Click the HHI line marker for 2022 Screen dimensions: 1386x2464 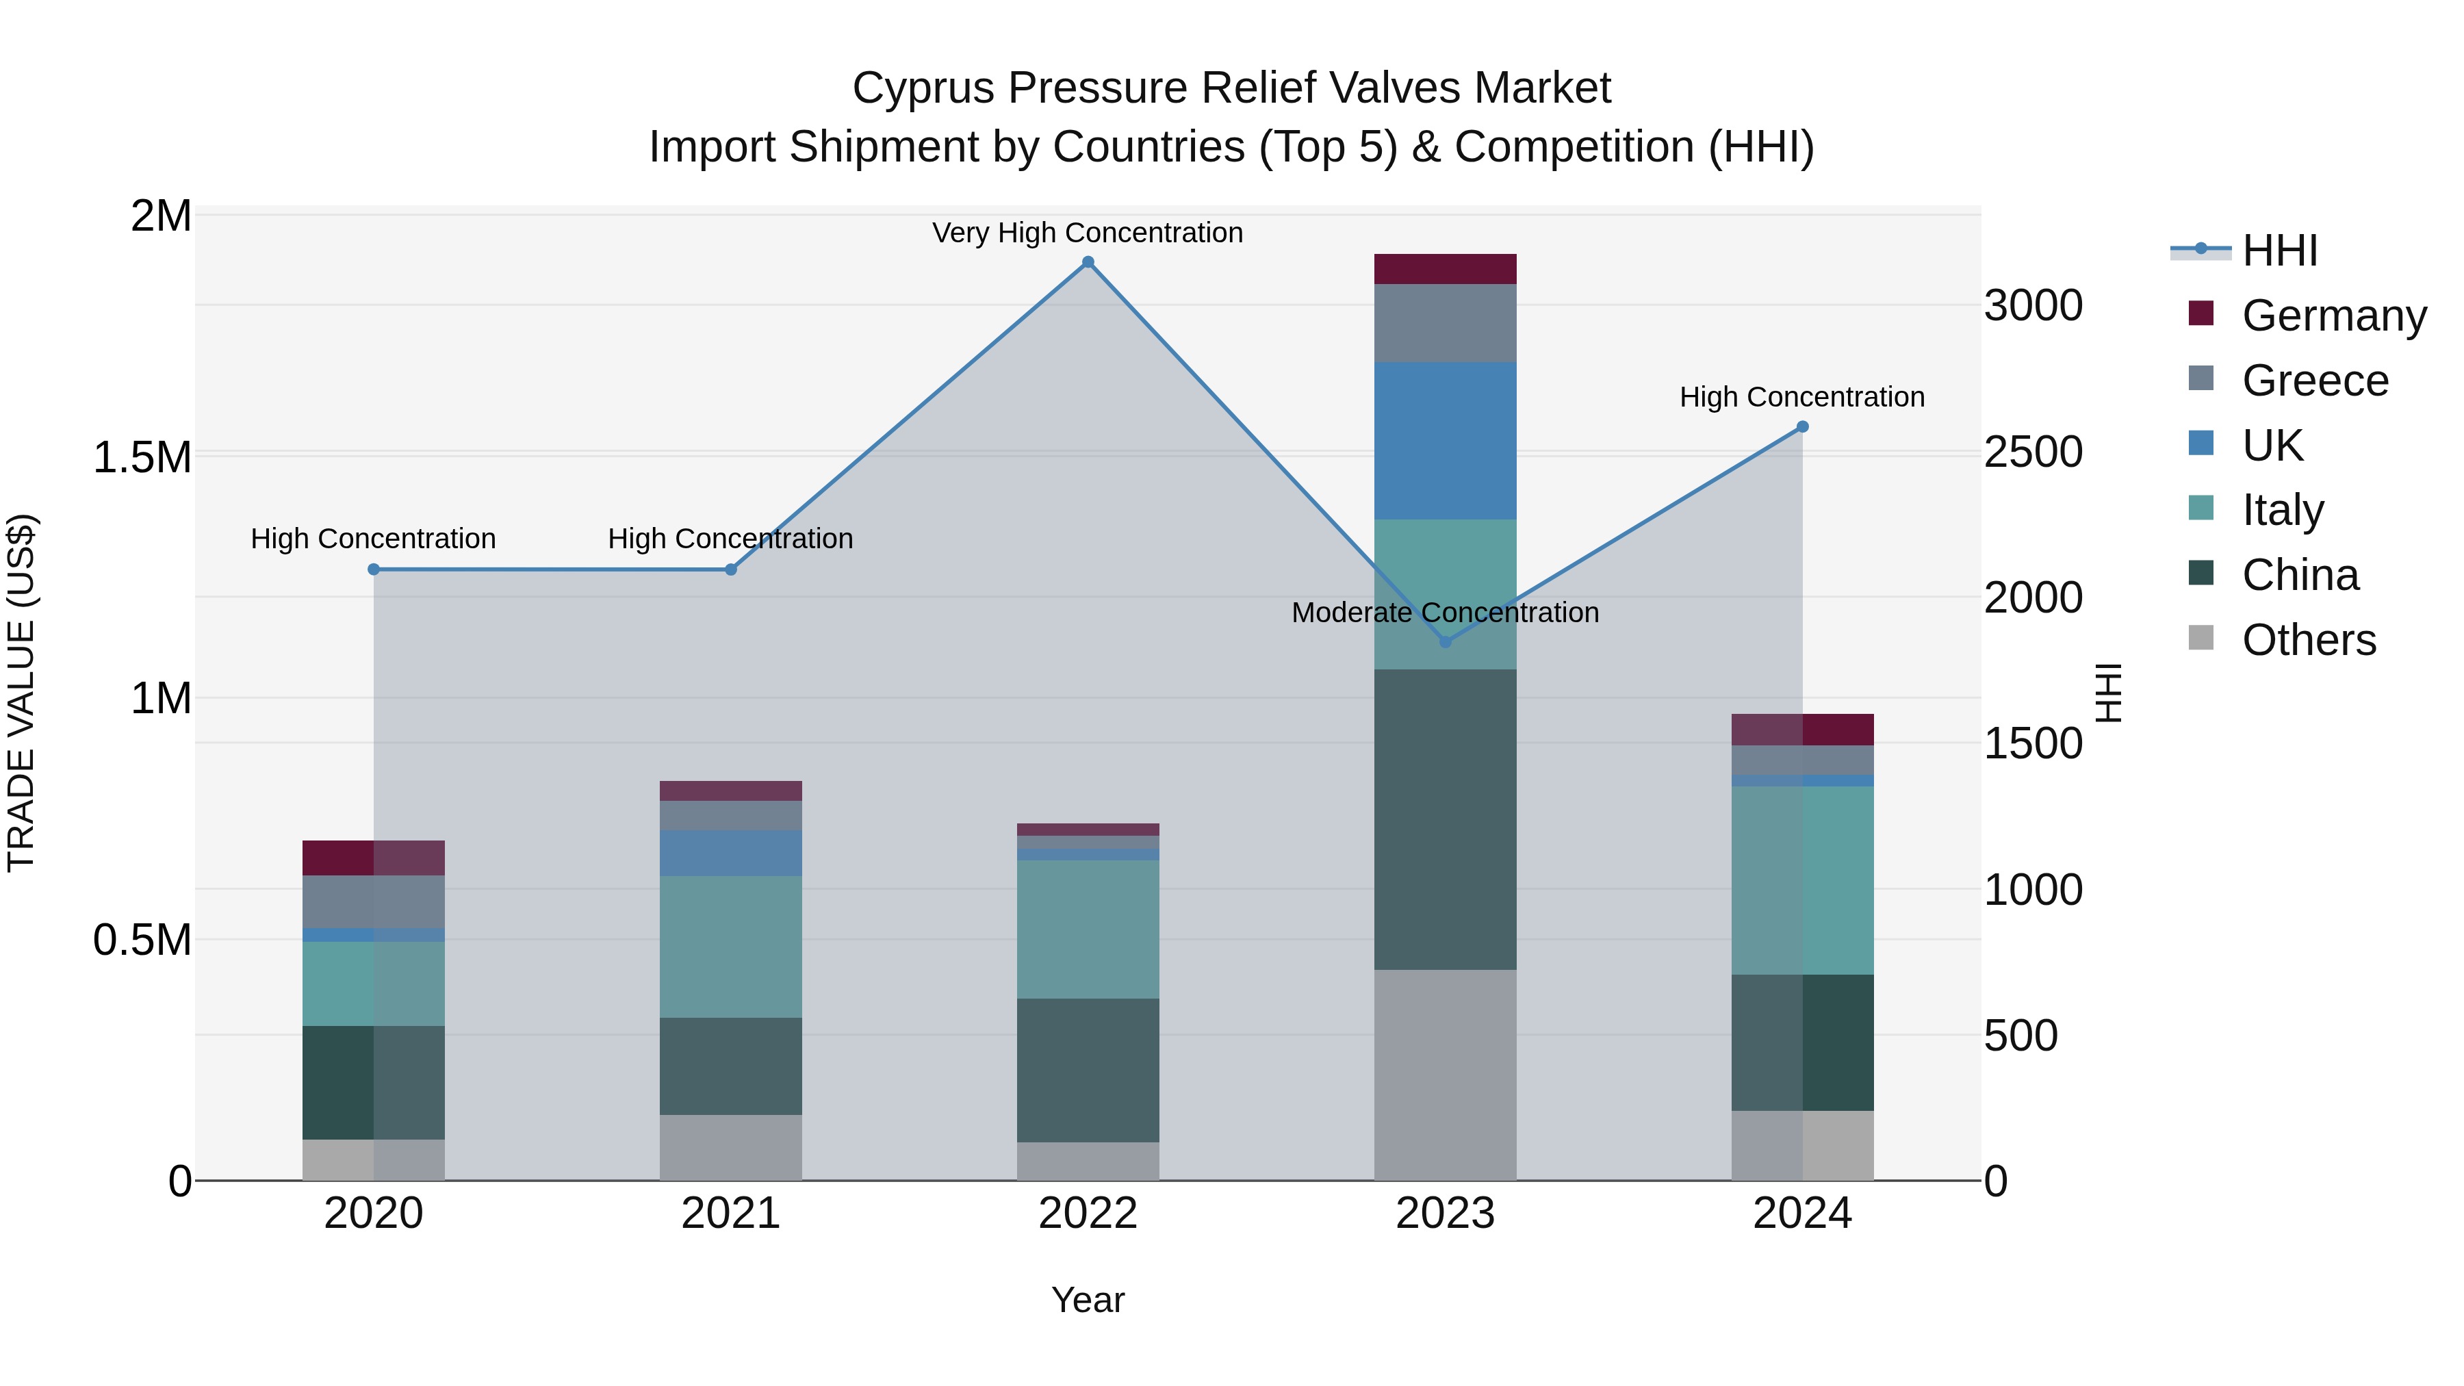(1088, 262)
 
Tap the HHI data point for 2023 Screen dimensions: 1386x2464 (1446, 642)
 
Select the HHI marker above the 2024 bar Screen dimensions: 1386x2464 (1802, 426)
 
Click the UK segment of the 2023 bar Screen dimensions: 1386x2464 (1446, 440)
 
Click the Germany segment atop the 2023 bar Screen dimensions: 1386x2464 (1446, 269)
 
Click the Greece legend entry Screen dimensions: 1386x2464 (2315, 381)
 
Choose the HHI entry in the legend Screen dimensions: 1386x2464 (2279, 251)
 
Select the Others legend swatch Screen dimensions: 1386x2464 (2201, 638)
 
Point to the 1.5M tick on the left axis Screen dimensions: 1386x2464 (142, 457)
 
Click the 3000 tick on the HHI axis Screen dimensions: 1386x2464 (2033, 306)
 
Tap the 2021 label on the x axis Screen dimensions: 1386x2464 (731, 1214)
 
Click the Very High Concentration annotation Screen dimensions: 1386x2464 (1088, 233)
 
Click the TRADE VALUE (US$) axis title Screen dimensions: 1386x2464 (21, 693)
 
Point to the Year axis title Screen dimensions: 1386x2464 (1088, 1300)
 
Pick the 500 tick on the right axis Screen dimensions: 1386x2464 (2020, 1036)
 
